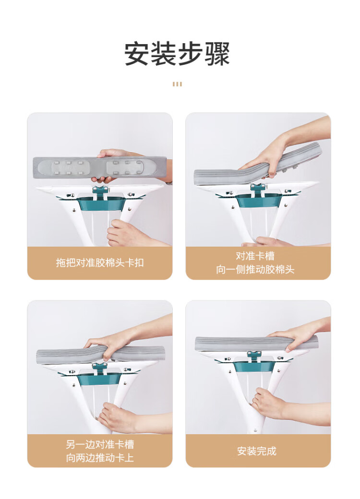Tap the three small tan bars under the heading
177,84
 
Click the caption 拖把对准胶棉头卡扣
100,262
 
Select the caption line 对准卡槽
255,256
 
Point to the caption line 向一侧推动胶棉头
255,270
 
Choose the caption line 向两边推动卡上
100,458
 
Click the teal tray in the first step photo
101,203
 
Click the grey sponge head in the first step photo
100,166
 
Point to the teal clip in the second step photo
258,189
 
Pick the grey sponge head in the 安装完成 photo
256,344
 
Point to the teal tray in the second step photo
259,201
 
